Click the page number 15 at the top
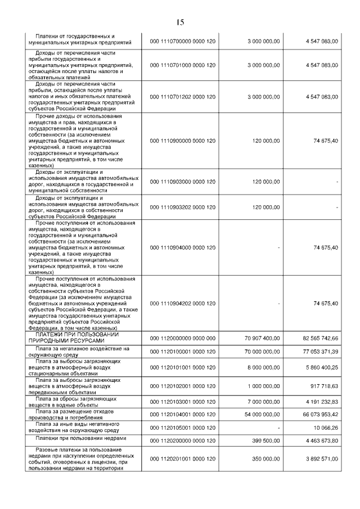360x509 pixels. click(x=180, y=22)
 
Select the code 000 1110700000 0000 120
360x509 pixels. click(x=183, y=42)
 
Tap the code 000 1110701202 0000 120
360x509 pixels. click(x=183, y=97)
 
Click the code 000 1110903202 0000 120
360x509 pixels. click(x=183, y=207)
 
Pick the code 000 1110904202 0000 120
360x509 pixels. click(x=183, y=303)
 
